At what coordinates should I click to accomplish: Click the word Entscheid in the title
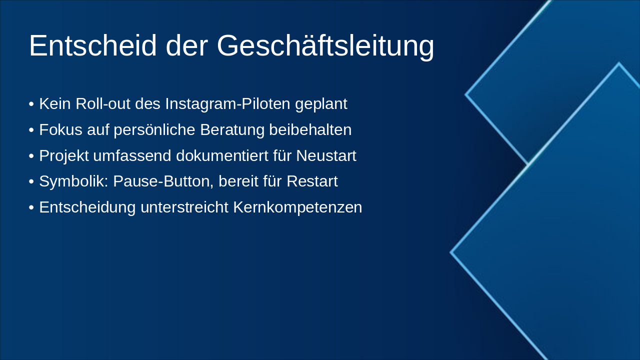[x=92, y=46]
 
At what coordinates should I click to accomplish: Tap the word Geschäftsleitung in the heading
[x=325, y=46]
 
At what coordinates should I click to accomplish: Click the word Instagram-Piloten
[x=227, y=104]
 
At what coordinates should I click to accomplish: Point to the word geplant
[x=321, y=104]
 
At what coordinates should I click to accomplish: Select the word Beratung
[x=232, y=130]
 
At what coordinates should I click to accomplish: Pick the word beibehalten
[x=310, y=130]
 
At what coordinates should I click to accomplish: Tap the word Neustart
[x=326, y=156]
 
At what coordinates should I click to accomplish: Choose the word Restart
[x=312, y=181]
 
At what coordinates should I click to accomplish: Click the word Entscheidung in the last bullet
[x=87, y=207]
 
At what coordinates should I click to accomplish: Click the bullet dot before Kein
[x=31, y=104]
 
